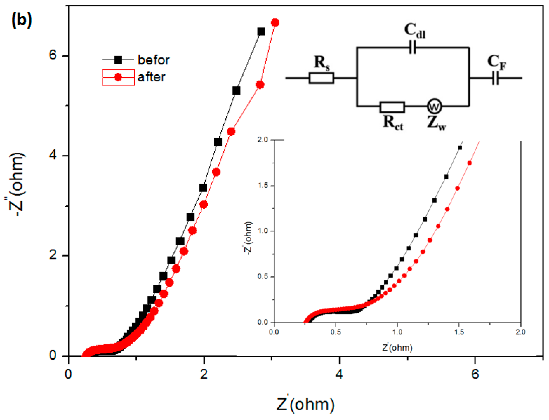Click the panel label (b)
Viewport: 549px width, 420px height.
[x=22, y=20]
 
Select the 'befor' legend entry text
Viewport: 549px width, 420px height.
[x=153, y=60]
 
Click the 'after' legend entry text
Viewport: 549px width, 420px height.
[x=151, y=77]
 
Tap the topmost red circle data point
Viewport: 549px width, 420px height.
[x=275, y=22]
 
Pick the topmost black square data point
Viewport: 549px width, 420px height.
[x=261, y=32]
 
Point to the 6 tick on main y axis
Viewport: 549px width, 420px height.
[x=53, y=55]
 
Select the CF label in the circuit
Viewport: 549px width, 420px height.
[x=496, y=62]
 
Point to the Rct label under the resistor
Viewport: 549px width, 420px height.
[x=393, y=123]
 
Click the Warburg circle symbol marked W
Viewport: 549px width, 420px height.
[x=434, y=106]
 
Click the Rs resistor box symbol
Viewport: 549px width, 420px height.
[x=321, y=78]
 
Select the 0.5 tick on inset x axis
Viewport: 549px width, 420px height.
[x=336, y=332]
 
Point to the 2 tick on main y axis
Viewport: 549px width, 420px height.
[x=53, y=255]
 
